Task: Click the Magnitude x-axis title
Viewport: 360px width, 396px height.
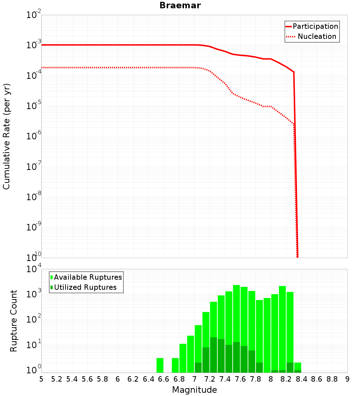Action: tap(194, 390)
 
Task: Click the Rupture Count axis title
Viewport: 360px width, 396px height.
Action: tap(14, 320)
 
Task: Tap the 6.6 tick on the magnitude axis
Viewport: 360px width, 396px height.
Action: tap(164, 379)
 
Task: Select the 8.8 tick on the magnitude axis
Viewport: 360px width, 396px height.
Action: tap(332, 379)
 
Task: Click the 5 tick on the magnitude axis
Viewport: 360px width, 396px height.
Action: tap(41, 379)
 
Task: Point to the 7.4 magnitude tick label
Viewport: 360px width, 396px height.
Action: tap(225, 379)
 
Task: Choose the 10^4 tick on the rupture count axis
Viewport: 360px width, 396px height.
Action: tap(33, 269)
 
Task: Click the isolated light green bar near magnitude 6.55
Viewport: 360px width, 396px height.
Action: tap(160, 365)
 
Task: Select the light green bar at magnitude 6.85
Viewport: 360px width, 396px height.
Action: tap(183, 358)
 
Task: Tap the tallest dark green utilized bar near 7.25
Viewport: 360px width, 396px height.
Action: tap(213, 355)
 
